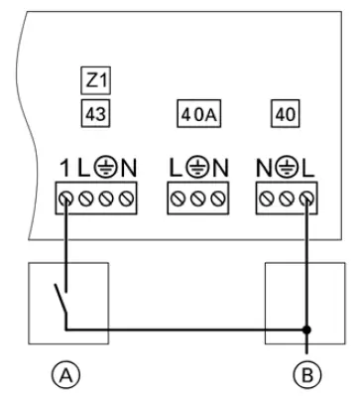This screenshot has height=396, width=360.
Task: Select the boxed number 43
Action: pos(94,112)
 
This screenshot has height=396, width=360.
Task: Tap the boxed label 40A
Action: pos(196,113)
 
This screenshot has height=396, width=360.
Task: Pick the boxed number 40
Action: pos(285,112)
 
